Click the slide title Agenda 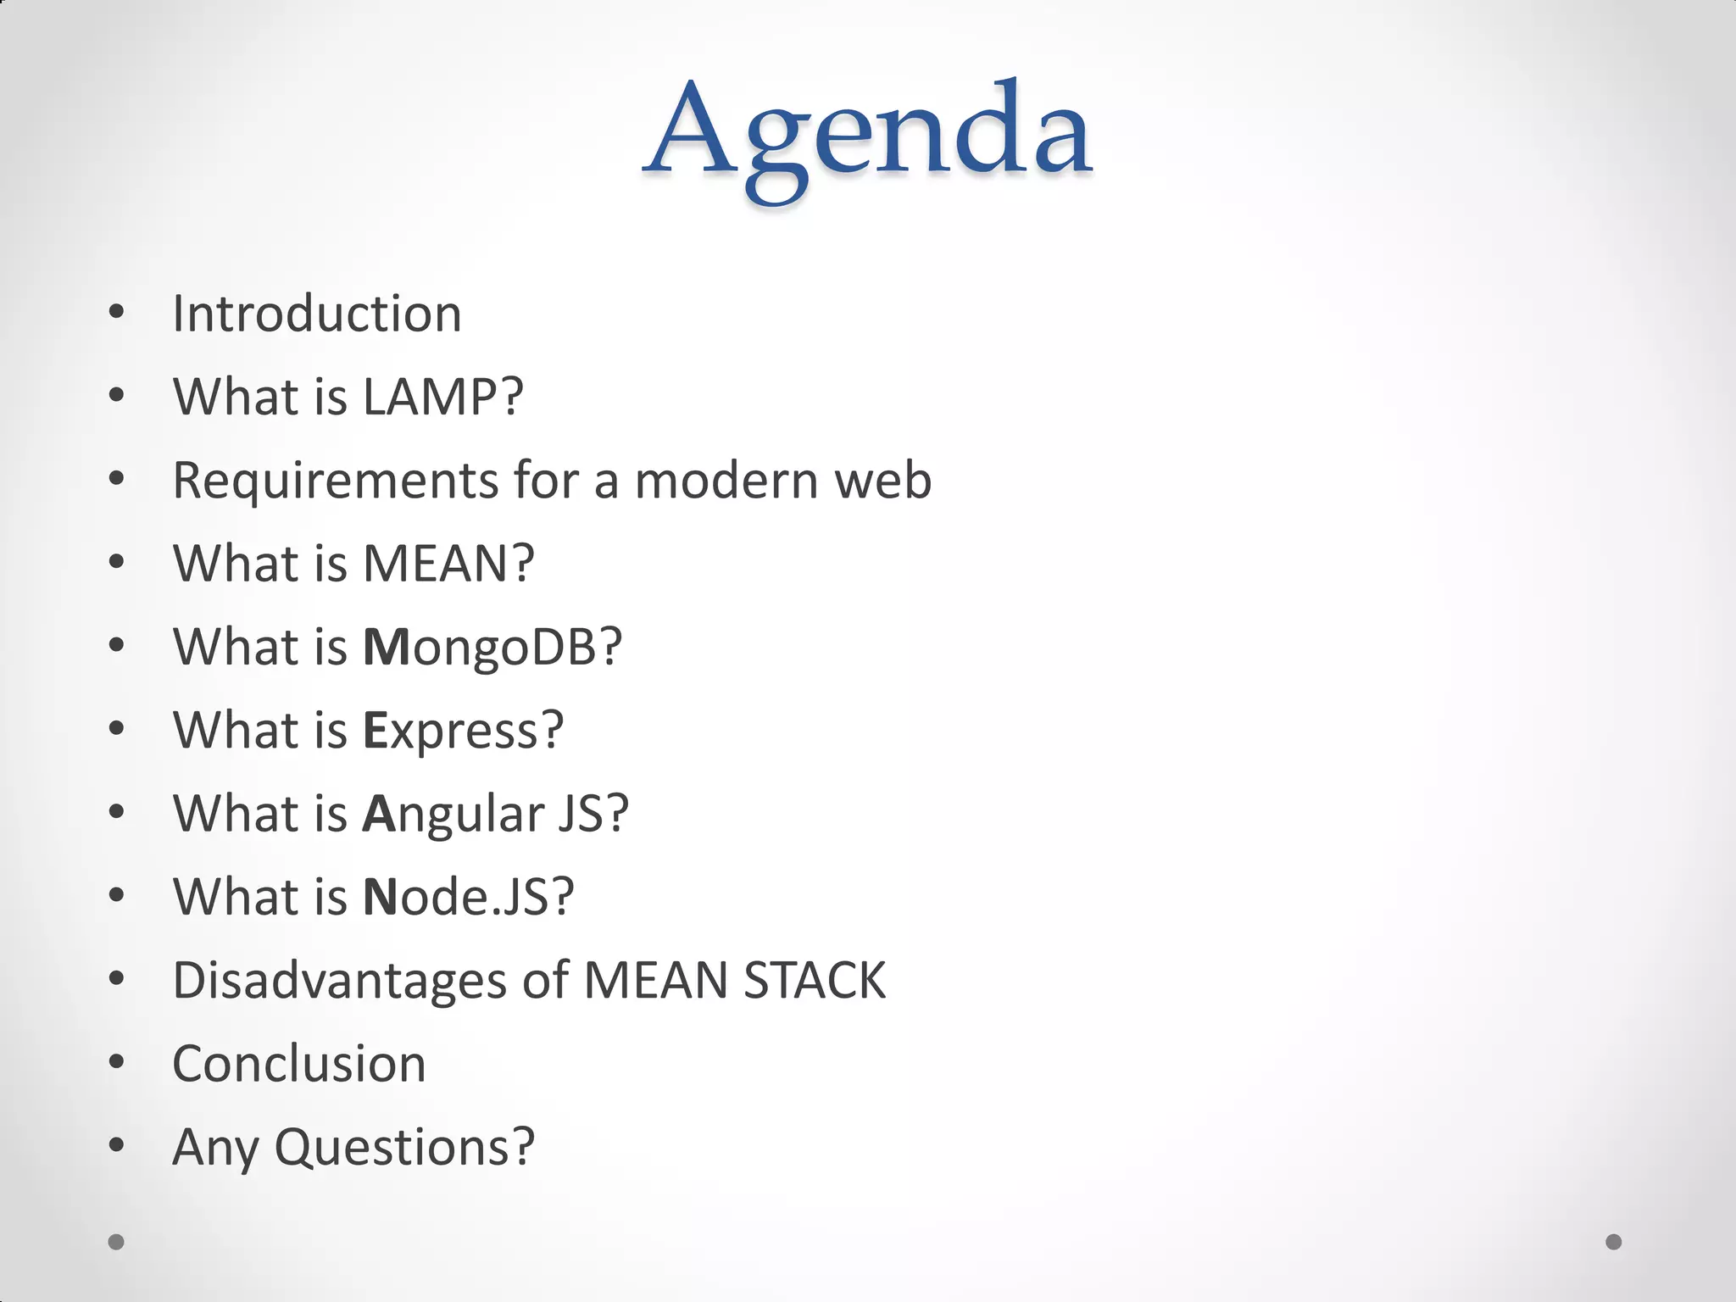click(868, 136)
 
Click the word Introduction click(317, 314)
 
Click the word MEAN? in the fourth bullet click(449, 564)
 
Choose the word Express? click(464, 730)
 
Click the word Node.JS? click(469, 897)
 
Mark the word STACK click(815, 981)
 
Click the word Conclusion click(299, 1064)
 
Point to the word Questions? click(404, 1147)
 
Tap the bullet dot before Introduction click(117, 312)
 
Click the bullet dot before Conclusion click(117, 1062)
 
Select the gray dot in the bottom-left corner click(116, 1242)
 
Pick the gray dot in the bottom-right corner click(1614, 1242)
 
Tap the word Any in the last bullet click(215, 1147)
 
